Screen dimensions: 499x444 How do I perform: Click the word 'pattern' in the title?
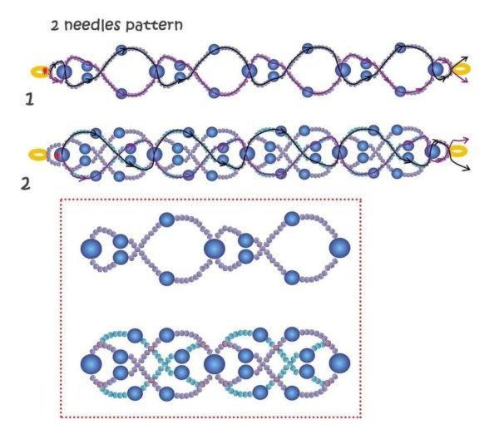coord(154,26)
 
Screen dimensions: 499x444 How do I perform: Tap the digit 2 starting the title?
coord(55,26)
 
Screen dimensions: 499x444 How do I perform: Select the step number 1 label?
coord(30,100)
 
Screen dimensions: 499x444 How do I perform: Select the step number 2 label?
coord(26,184)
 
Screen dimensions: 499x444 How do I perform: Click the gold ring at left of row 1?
coord(39,72)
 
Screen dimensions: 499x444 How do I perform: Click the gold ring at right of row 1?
coord(462,69)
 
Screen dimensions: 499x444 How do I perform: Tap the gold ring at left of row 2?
coord(38,155)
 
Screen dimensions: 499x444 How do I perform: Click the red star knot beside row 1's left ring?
coord(45,70)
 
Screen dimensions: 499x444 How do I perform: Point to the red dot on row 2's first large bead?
coord(57,155)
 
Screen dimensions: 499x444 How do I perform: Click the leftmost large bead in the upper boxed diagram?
coord(91,249)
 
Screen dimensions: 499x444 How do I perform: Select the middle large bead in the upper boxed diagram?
coord(215,249)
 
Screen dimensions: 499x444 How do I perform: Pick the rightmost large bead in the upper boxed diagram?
coord(339,248)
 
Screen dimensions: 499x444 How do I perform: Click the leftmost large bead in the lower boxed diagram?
coord(91,364)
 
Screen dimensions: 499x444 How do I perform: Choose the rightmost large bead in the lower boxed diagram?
coord(339,363)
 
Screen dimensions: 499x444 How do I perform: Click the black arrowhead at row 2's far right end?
coord(467,168)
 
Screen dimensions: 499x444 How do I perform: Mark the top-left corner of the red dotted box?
coord(61,200)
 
